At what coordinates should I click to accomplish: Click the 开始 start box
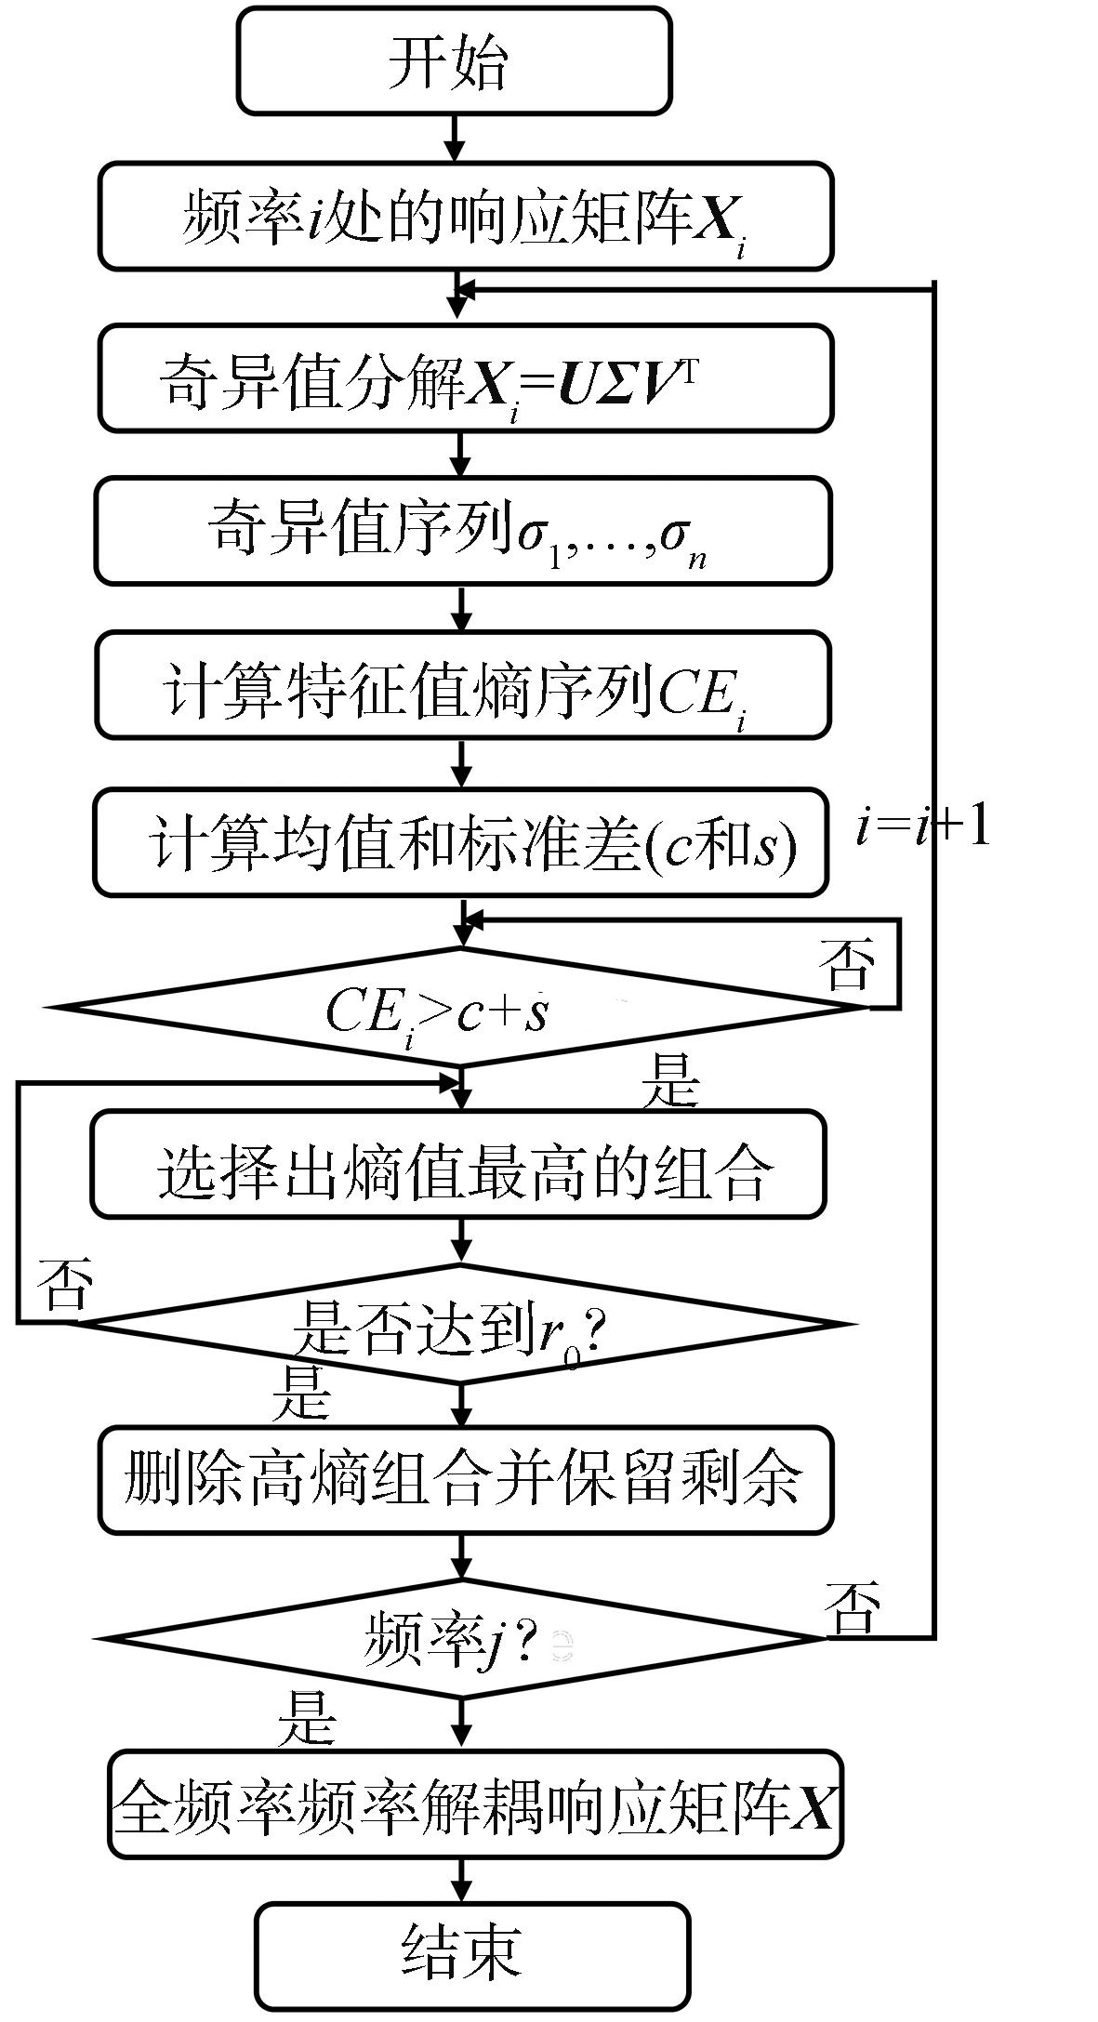click(453, 62)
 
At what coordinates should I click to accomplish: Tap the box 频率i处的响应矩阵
click(466, 217)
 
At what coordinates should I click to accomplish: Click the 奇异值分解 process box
click(466, 378)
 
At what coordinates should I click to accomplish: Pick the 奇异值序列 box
click(463, 531)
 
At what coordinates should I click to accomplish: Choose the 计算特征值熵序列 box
click(463, 686)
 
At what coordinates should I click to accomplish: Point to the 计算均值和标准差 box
click(461, 843)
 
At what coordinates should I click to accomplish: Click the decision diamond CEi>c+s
click(461, 1007)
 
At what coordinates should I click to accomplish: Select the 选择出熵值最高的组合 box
click(458, 1165)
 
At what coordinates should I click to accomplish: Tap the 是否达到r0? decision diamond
click(461, 1323)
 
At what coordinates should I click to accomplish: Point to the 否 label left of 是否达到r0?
click(64, 1286)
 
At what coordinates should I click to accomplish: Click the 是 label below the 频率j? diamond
click(307, 1718)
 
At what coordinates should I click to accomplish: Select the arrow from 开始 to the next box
click(454, 138)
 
